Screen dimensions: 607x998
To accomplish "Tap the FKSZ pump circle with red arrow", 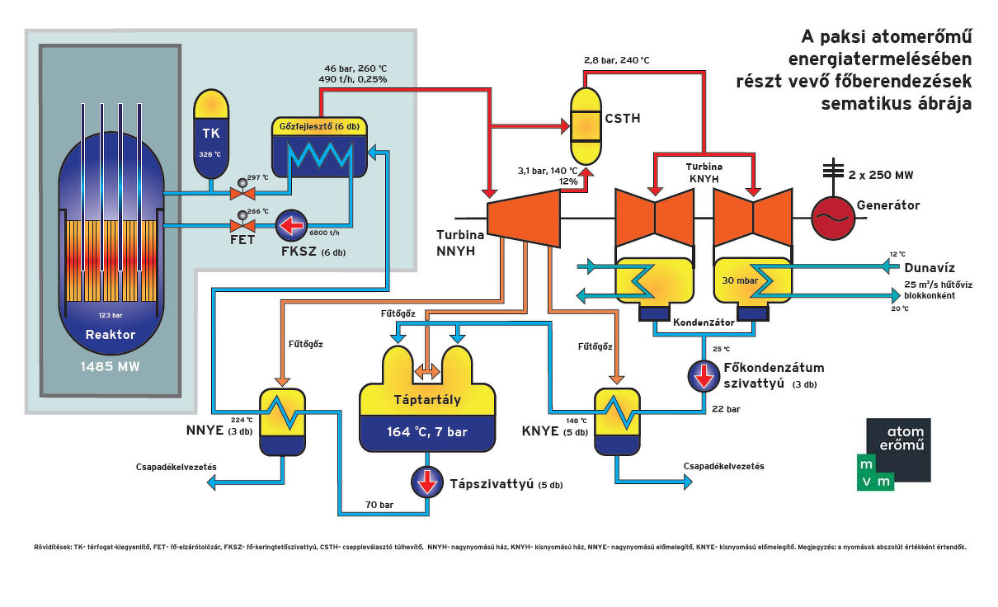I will [291, 225].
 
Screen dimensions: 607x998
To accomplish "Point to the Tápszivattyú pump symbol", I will [427, 482].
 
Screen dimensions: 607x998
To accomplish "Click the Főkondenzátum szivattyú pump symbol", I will [704, 375].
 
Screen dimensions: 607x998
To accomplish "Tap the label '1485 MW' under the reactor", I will [111, 365].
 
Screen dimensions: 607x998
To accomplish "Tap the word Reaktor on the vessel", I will [111, 334].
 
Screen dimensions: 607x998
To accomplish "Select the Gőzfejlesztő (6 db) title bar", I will [320, 125].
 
